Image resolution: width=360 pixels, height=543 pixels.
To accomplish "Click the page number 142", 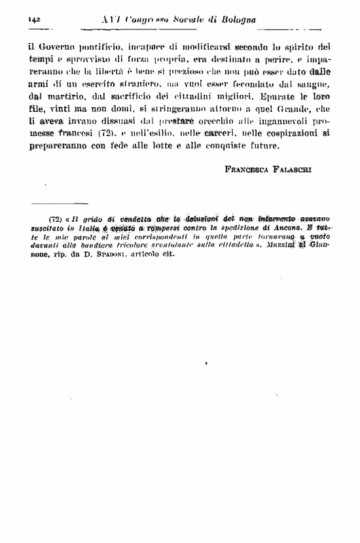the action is coord(35,20).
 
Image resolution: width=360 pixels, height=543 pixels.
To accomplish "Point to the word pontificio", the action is coord(109,48).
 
